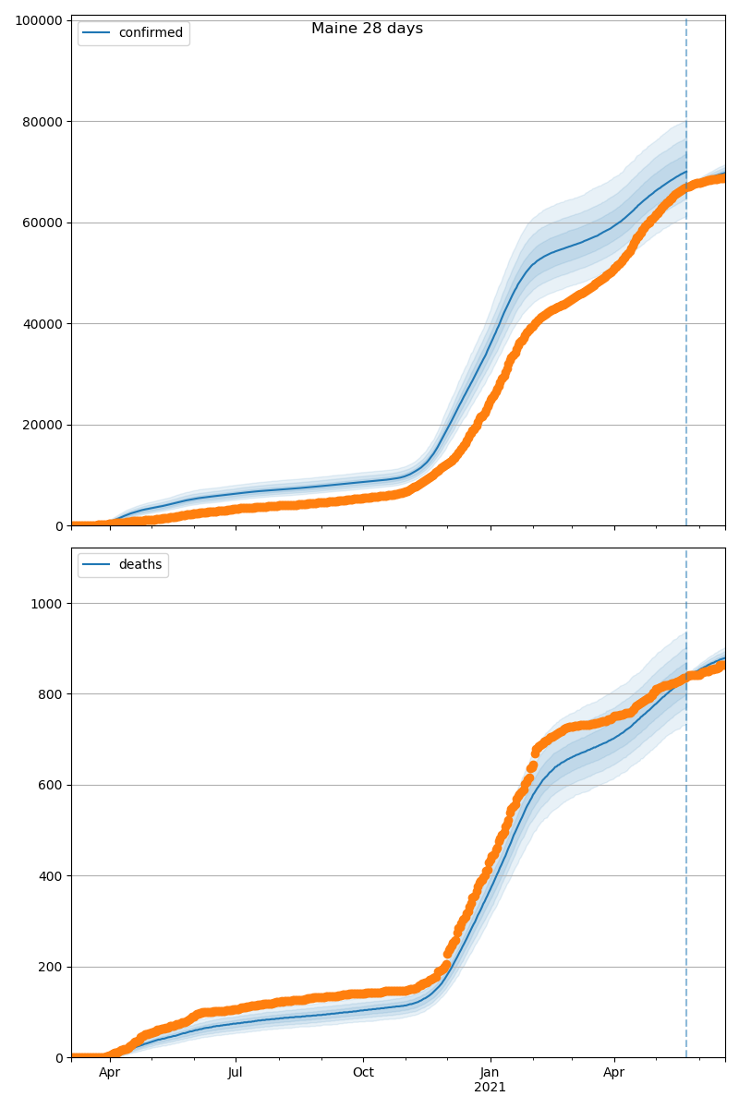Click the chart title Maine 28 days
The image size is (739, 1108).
tap(367, 29)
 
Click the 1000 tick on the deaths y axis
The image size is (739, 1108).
tap(46, 604)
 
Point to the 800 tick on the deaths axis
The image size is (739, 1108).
tap(50, 694)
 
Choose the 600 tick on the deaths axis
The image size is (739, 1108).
tap(50, 785)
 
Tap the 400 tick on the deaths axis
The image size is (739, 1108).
tap(50, 876)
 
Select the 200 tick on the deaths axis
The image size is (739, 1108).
tap(50, 967)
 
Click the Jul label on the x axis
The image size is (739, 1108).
tap(236, 1073)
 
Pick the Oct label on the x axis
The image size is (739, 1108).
tap(363, 1073)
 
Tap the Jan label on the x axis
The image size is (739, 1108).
tap(490, 1073)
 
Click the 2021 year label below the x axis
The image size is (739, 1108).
tap(490, 1088)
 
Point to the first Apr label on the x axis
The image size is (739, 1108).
tap(110, 1073)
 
